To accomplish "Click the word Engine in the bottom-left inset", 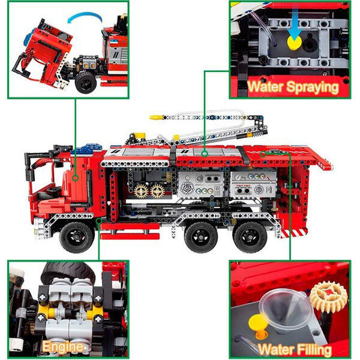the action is coord(62,347).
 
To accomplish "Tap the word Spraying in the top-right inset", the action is coord(313,88).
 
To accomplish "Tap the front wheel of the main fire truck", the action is coord(77,237).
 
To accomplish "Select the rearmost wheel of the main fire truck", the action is coord(250,237).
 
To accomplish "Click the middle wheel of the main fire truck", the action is coord(201,237).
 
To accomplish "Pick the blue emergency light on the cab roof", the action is coord(86,149).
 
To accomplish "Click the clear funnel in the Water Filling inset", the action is coord(285,308).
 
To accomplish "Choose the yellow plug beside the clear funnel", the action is coord(258,326).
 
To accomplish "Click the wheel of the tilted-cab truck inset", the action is coord(86,82).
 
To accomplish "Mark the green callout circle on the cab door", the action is coord(76,178).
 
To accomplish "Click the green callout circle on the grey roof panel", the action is coord(205,154).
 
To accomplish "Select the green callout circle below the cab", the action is coord(99,221).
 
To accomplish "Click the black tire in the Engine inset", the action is coord(68,272).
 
